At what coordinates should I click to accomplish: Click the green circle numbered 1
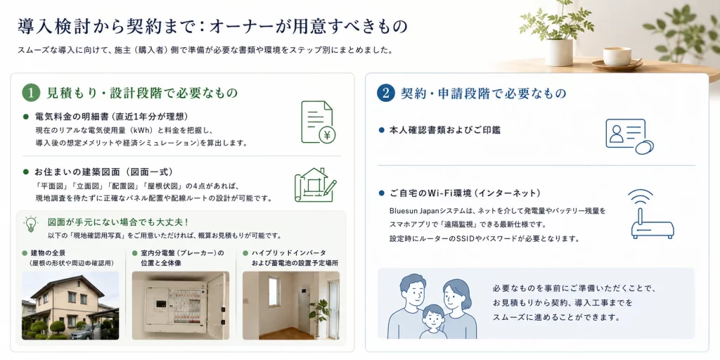coord(31,94)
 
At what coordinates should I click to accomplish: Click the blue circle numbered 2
coord(386,94)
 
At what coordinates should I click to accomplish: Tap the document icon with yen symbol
coord(318,122)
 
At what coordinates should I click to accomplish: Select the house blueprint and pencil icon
coord(316,185)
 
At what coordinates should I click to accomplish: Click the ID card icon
coord(629,136)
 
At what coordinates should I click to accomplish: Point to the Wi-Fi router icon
coord(652,214)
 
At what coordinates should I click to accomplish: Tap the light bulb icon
coord(30,224)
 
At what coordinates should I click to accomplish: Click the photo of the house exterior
coord(70,305)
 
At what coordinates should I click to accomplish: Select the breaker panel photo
coord(181,305)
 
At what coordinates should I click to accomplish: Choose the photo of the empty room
coord(291,305)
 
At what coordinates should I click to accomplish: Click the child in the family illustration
coord(433,321)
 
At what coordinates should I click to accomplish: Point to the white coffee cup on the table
coord(617,56)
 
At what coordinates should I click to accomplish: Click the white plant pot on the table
coord(558,52)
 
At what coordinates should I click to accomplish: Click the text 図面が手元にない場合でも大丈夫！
coord(118,222)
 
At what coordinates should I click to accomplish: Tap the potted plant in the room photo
coord(319,312)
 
